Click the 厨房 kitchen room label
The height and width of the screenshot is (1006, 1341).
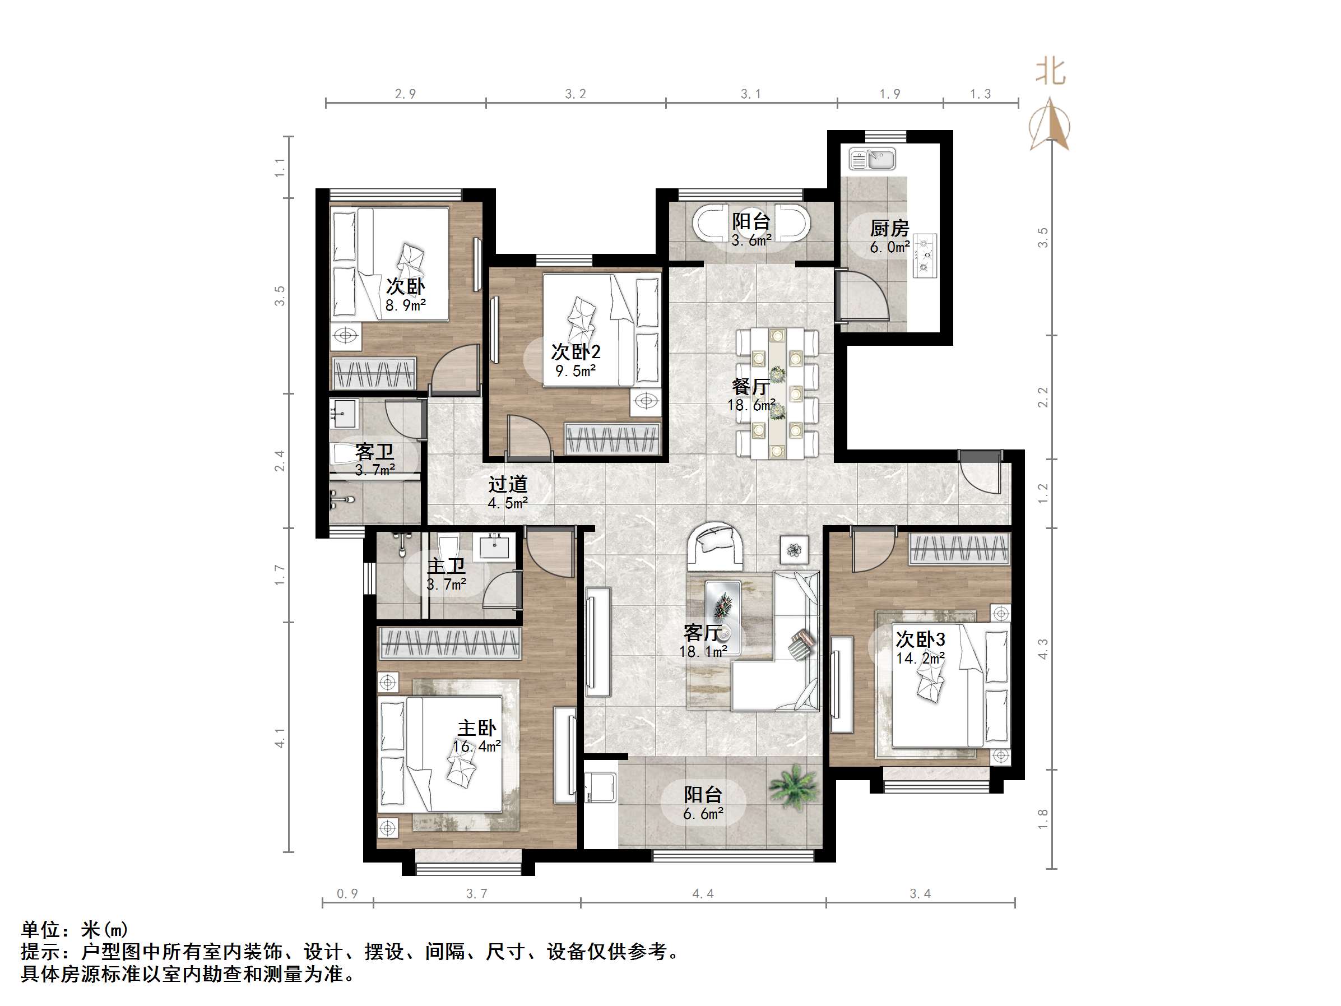[889, 229]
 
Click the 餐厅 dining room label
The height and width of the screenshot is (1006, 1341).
[750, 386]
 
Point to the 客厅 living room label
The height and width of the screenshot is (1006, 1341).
[703, 633]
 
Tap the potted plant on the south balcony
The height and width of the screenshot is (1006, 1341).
[794, 786]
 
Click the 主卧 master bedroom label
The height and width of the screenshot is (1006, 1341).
[476, 728]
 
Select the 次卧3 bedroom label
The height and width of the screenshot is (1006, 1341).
[920, 639]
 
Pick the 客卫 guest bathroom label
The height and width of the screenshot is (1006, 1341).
[375, 452]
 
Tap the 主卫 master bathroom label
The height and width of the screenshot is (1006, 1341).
[446, 565]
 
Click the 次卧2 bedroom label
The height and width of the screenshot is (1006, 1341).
[576, 352]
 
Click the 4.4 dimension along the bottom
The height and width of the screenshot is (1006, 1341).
[703, 893]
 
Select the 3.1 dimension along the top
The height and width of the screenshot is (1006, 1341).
[750, 94]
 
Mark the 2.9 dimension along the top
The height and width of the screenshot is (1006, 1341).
[406, 94]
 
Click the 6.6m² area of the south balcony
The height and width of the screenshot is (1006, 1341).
[703, 814]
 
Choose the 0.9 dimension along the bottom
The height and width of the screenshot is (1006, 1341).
[347, 893]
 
